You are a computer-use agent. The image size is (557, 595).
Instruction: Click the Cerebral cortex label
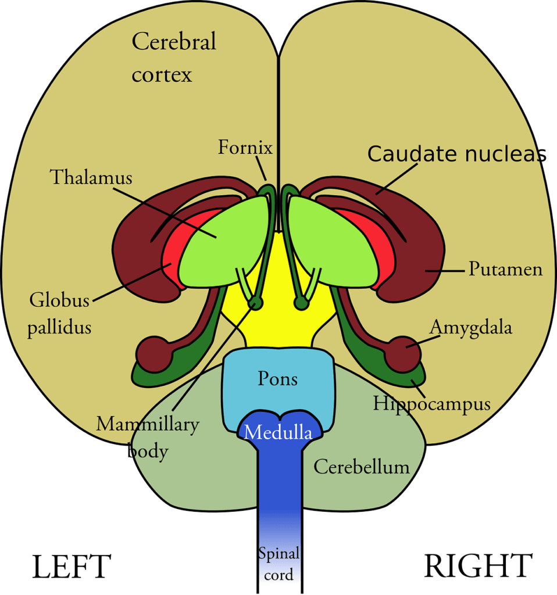click(x=173, y=58)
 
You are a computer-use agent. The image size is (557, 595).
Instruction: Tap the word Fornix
click(x=245, y=148)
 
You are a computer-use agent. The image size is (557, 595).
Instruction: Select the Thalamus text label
click(x=91, y=177)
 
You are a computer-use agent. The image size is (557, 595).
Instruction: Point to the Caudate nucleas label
click(x=457, y=154)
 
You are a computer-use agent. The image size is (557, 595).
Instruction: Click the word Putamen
click(x=505, y=270)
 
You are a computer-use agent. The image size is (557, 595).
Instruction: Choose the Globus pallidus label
click(x=60, y=313)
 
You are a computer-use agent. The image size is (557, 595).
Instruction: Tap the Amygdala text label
click(x=470, y=328)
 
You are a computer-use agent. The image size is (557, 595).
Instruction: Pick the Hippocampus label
click(x=431, y=403)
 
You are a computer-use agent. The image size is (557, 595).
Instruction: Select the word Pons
click(x=277, y=379)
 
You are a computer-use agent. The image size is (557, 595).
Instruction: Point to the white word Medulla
click(x=277, y=433)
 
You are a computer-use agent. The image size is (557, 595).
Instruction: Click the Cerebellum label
click(x=361, y=467)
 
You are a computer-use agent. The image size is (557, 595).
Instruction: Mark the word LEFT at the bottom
click(x=71, y=567)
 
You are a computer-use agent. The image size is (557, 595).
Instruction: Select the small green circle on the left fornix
click(x=255, y=303)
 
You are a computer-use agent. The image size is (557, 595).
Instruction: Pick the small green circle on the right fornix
click(x=301, y=303)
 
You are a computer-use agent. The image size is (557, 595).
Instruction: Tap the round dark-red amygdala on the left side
click(x=153, y=354)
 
